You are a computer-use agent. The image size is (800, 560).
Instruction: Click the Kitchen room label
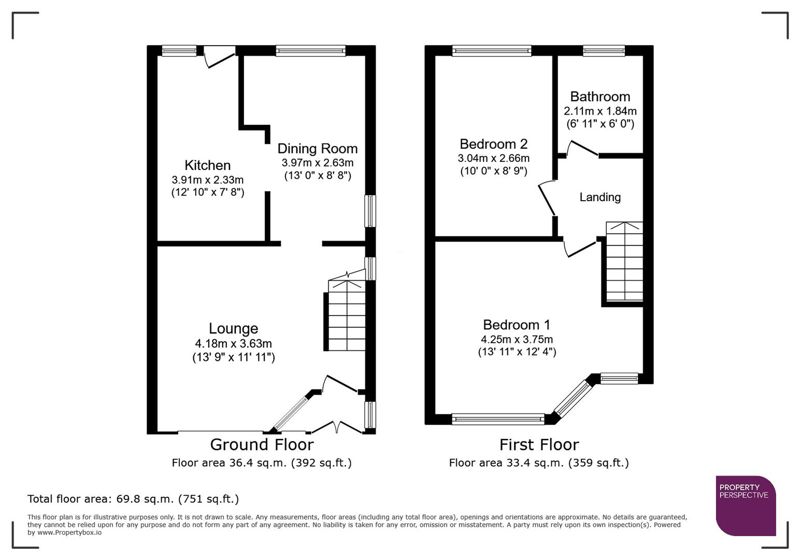point(207,165)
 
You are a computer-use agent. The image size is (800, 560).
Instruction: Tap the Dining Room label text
point(317,149)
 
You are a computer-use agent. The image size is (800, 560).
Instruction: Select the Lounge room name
point(233,329)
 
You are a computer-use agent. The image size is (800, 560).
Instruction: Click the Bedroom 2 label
point(493,144)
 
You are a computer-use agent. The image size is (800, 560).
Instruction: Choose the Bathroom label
point(600,97)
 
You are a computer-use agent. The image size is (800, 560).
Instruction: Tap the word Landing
point(599,198)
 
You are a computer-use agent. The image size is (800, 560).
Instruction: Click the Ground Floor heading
point(262,445)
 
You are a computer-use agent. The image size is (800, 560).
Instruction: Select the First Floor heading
point(539,445)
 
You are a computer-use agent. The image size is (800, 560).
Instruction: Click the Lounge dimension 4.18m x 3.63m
point(233,344)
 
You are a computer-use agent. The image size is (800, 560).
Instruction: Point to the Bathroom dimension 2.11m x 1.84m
point(600,111)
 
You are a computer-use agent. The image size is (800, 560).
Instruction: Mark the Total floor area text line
point(133,499)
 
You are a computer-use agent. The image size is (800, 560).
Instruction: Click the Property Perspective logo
point(745,506)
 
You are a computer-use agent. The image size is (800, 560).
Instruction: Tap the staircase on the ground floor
point(347,316)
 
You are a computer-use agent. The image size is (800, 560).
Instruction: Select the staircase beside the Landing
point(624,262)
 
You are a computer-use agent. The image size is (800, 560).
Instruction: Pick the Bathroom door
point(580,149)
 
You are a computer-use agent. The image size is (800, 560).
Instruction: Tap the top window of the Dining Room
point(310,51)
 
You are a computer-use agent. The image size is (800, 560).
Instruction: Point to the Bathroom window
point(604,51)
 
